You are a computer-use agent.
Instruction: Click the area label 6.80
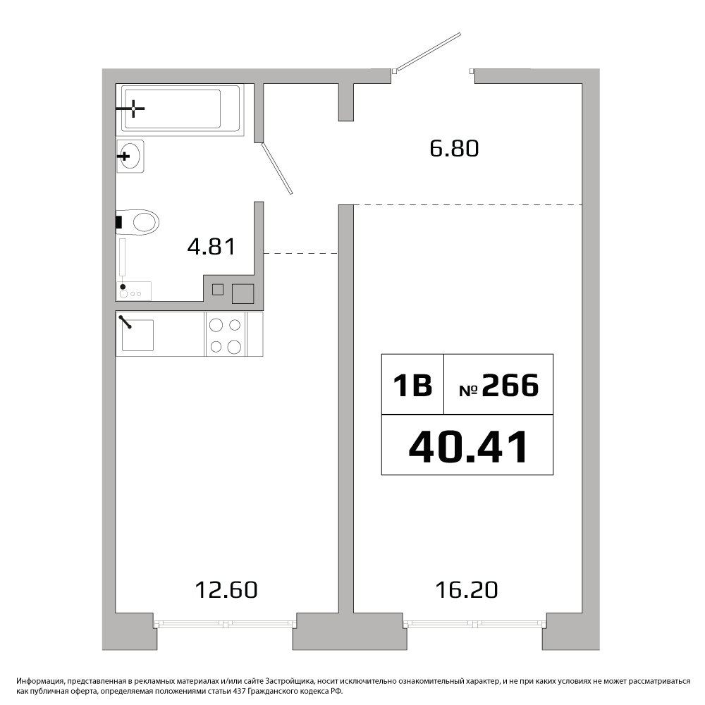pyautogui.click(x=454, y=148)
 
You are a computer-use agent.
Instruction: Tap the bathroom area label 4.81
pyautogui.click(x=211, y=246)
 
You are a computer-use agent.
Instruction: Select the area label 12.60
pyautogui.click(x=226, y=590)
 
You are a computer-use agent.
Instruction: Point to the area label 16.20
pyautogui.click(x=467, y=590)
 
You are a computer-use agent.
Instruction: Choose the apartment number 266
pyautogui.click(x=510, y=386)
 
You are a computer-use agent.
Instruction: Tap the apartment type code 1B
pyautogui.click(x=412, y=386)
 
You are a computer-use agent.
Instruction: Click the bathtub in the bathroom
pyautogui.click(x=180, y=110)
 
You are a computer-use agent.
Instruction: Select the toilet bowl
pyautogui.click(x=138, y=222)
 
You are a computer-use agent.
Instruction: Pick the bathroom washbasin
pyautogui.click(x=130, y=156)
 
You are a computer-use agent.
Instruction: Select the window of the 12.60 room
pyautogui.click(x=225, y=624)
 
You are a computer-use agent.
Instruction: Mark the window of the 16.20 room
pyautogui.click(x=474, y=624)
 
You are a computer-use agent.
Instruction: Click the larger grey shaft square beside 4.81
pyautogui.click(x=243, y=293)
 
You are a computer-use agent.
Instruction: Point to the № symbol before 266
pyautogui.click(x=468, y=391)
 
